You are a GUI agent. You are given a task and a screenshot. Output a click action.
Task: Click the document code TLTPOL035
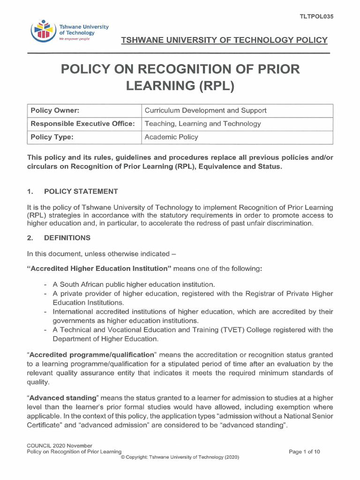click(316, 16)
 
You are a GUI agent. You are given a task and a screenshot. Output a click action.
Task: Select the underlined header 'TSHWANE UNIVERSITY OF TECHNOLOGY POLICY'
click(224, 40)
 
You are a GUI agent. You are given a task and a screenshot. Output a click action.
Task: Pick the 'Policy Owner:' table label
click(55, 111)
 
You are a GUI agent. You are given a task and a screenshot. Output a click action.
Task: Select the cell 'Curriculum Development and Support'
click(205, 111)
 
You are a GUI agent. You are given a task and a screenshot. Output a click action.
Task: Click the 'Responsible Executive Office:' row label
click(82, 124)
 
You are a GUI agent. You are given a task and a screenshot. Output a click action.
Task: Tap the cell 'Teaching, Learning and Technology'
click(202, 124)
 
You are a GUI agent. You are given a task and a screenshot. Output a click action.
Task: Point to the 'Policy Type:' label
click(52, 137)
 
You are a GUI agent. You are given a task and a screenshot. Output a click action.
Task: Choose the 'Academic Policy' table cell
click(171, 137)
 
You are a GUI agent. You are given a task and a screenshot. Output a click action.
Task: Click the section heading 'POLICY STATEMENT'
click(81, 191)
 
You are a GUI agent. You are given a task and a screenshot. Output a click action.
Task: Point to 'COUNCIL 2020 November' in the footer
click(59, 445)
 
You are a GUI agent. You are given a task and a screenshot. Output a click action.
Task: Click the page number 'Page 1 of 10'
click(305, 452)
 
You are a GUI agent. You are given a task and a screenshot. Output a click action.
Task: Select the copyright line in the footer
click(180, 457)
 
